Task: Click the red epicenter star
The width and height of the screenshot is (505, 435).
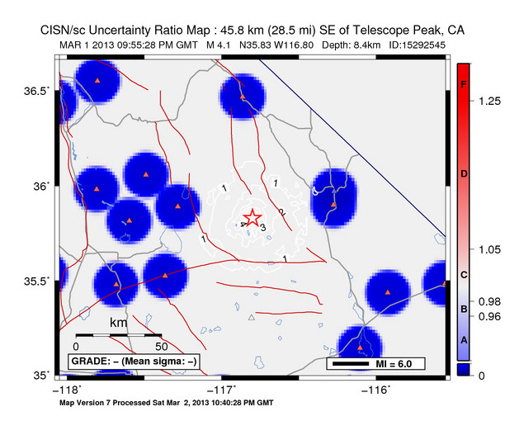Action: pyautogui.click(x=253, y=218)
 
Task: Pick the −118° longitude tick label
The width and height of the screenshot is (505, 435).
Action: pyautogui.click(x=67, y=389)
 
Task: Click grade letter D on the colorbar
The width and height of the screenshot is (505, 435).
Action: pyautogui.click(x=464, y=174)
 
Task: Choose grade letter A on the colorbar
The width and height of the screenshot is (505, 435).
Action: pyautogui.click(x=464, y=340)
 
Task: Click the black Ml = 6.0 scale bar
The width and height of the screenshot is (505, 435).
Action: pyautogui.click(x=350, y=363)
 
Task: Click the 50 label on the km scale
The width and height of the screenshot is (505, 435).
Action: pyautogui.click(x=162, y=345)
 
